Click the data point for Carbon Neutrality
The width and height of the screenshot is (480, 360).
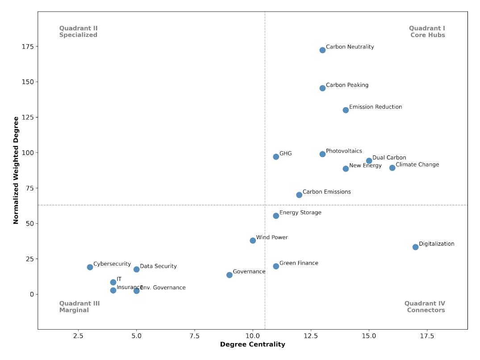(322, 50)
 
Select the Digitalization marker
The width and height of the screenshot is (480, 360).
(415, 247)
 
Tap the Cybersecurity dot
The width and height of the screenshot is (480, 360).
(90, 267)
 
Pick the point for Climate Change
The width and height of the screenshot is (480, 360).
(392, 168)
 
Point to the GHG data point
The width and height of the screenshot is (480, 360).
(276, 157)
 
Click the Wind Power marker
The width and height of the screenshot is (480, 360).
(253, 241)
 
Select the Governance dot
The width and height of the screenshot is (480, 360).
(230, 275)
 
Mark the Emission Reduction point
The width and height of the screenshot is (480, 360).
(346, 110)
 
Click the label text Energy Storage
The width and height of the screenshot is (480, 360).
(300, 213)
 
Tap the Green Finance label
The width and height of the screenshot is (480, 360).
(299, 264)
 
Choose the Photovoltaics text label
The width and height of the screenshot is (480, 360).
(344, 151)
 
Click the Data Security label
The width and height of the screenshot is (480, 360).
(158, 267)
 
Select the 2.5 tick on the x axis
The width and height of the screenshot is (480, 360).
(78, 336)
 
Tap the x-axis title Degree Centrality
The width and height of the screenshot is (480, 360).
(252, 345)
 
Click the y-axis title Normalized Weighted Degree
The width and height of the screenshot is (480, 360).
(16, 170)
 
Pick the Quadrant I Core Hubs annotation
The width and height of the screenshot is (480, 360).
(427, 32)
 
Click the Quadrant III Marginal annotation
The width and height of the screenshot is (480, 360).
(79, 307)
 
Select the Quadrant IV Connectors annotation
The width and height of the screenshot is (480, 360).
(425, 307)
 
